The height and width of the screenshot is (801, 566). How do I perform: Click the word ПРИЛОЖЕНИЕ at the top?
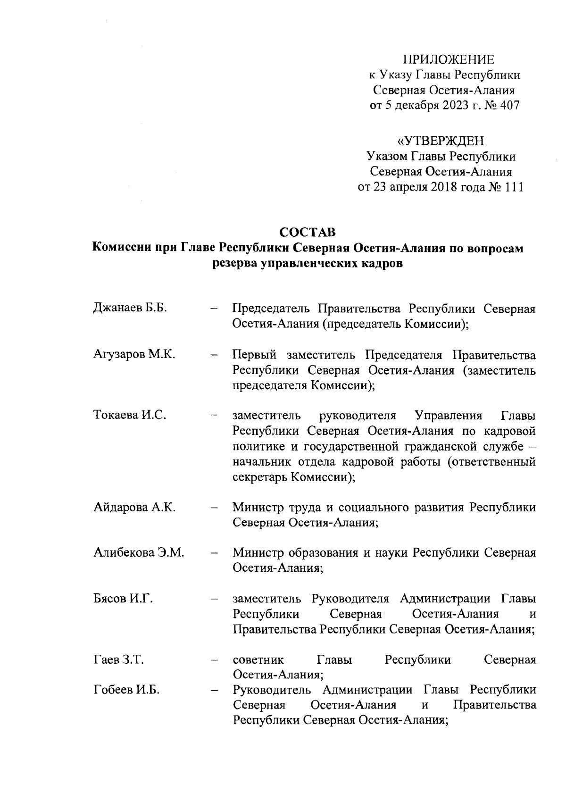coord(449,59)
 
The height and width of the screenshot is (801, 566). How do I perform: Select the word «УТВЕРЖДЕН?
coord(441,141)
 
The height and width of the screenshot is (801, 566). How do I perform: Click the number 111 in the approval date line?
coord(514,187)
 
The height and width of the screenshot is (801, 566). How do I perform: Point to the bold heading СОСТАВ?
coord(308,232)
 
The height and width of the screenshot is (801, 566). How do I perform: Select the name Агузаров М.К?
coord(134,354)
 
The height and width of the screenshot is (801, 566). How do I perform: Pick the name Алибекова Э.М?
coord(139,552)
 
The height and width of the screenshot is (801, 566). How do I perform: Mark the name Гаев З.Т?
coord(118,659)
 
